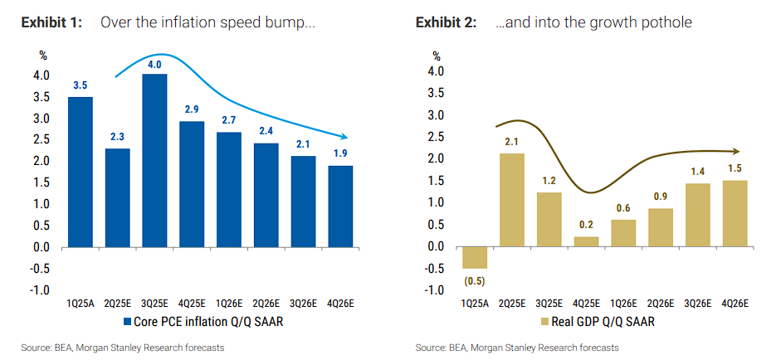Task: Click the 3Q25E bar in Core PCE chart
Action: [x=154, y=160]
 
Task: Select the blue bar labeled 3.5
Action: [x=81, y=172]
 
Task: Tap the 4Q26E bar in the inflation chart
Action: [x=341, y=206]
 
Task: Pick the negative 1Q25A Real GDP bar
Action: [x=475, y=257]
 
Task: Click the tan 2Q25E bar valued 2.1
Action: [x=512, y=200]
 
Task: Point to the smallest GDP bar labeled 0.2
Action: [x=587, y=241]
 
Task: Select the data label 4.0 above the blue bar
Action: [x=154, y=64]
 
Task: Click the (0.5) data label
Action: [x=475, y=280]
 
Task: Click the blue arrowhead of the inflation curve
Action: [x=352, y=137]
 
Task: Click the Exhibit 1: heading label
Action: [x=51, y=22]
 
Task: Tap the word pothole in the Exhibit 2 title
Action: [x=665, y=22]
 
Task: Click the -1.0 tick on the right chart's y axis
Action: [x=434, y=289]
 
